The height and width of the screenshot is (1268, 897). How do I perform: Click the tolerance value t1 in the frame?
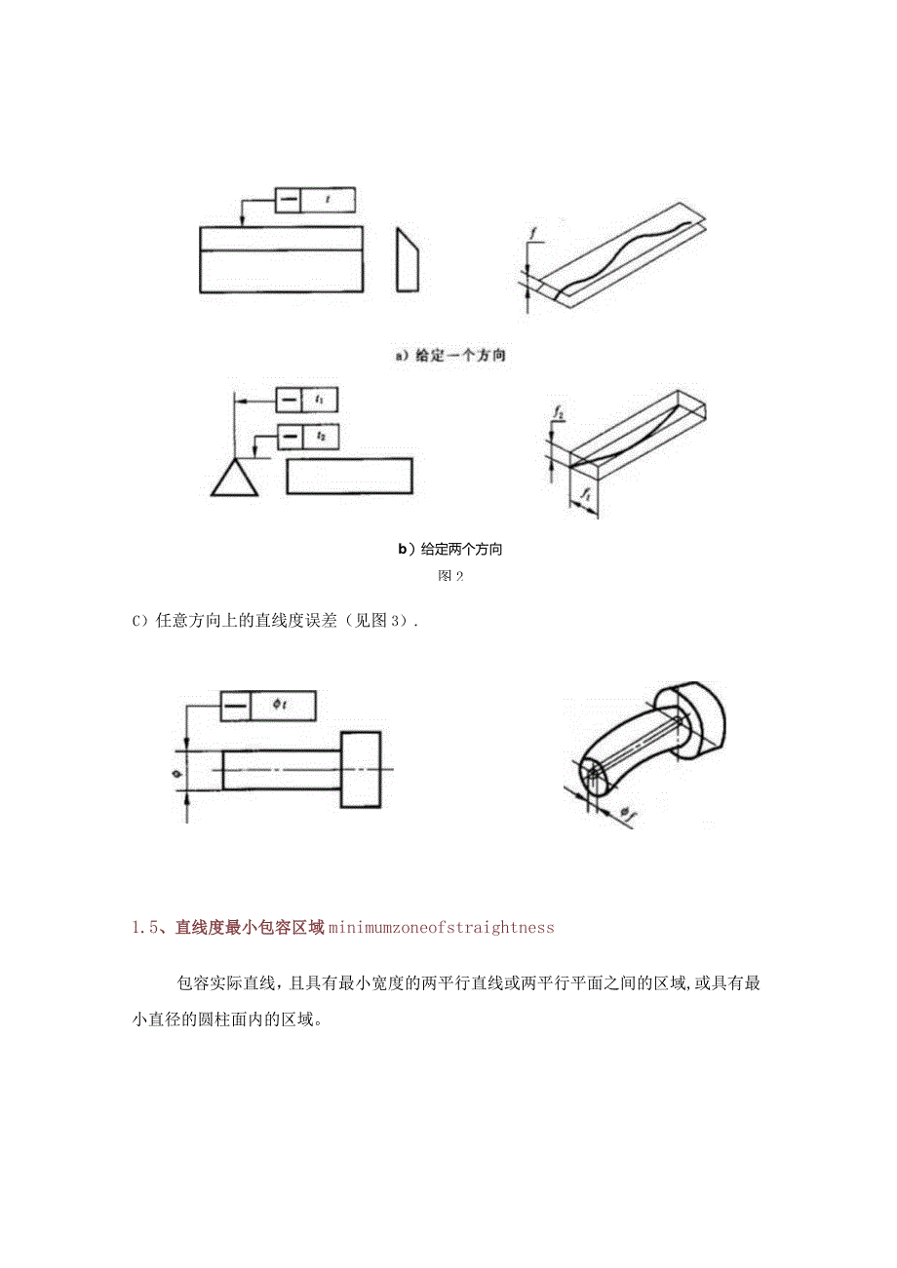click(320, 400)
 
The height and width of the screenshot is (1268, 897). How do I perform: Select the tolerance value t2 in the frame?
click(320, 436)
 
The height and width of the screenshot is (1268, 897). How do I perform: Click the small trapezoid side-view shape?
click(409, 259)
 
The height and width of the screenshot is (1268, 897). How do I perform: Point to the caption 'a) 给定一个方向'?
click(450, 356)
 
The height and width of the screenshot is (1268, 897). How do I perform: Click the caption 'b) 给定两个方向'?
click(449, 550)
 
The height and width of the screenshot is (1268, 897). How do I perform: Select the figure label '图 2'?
click(449, 576)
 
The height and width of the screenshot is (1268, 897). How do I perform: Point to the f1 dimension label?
click(585, 497)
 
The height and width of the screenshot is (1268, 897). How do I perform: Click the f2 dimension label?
click(559, 415)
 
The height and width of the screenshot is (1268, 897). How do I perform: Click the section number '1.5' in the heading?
click(146, 928)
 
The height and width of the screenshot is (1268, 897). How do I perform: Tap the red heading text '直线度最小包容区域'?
click(249, 928)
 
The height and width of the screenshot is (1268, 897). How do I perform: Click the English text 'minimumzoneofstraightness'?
click(441, 928)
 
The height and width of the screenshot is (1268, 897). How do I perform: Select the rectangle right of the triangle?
click(349, 476)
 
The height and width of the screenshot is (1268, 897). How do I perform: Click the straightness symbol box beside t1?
click(290, 400)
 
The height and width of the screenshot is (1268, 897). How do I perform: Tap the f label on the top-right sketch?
click(534, 234)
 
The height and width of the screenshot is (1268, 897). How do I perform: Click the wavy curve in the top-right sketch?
click(624, 254)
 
